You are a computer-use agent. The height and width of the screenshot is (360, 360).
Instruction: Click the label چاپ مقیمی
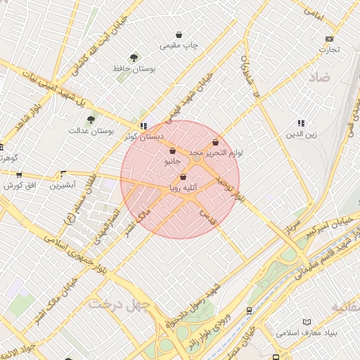point(180,46)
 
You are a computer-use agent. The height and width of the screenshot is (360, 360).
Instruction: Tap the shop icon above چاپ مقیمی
point(179,34)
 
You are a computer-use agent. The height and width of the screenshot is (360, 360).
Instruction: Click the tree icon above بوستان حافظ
point(134,58)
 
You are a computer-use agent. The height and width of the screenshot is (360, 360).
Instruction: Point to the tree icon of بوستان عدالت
point(91,120)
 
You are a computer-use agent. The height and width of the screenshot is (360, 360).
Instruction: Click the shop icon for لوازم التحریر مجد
point(215,142)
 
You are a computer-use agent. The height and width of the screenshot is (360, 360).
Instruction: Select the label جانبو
point(172,161)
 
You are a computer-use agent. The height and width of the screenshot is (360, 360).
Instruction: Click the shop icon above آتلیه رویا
point(184,177)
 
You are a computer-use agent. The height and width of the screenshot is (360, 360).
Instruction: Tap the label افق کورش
point(19,186)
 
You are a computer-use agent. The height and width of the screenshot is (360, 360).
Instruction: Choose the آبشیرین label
point(63,186)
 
